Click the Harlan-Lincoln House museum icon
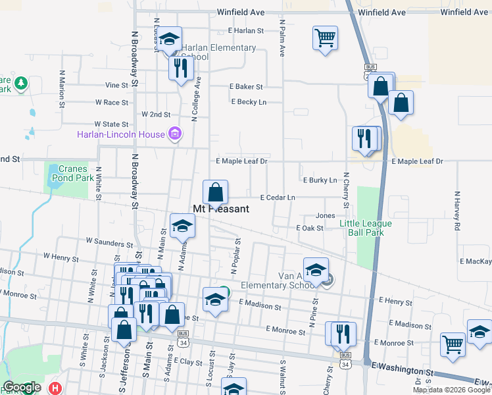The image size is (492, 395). pyautogui.click(x=175, y=135)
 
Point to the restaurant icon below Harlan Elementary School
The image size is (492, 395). pyautogui.click(x=179, y=67)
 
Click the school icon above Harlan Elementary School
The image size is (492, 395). pyautogui.click(x=170, y=38)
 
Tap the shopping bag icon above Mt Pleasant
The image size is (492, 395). pyautogui.click(x=215, y=193)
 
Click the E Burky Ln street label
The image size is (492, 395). pyautogui.click(x=320, y=180)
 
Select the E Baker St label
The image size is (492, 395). pyautogui.click(x=246, y=87)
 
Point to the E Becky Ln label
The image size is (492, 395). pyautogui.click(x=249, y=102)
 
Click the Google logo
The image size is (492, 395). pyautogui.click(x=21, y=387)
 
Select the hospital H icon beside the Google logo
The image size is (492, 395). pyautogui.click(x=55, y=388)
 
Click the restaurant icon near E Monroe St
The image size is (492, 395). pyautogui.click(x=341, y=333)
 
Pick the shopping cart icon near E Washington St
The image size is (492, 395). pyautogui.click(x=453, y=344)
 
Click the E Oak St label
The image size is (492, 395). pyautogui.click(x=310, y=228)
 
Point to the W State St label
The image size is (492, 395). pyautogui.click(x=111, y=124)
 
